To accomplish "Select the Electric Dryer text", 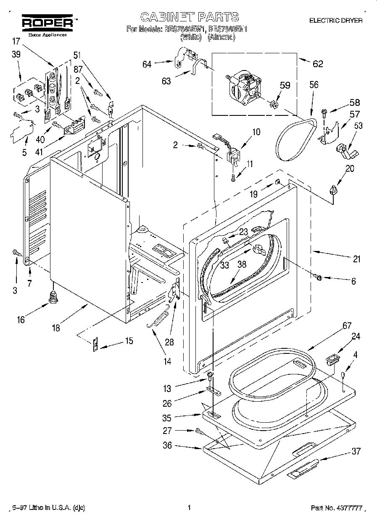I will (335, 20).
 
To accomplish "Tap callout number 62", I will (318, 64).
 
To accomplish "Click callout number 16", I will (21, 319).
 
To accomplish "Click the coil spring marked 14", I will (159, 319).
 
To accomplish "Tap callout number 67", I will (335, 326).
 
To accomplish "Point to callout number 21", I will (356, 259).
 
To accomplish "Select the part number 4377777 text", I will (336, 508).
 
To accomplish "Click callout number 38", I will (241, 265).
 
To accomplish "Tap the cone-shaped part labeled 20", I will (334, 190).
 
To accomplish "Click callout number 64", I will (147, 64).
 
